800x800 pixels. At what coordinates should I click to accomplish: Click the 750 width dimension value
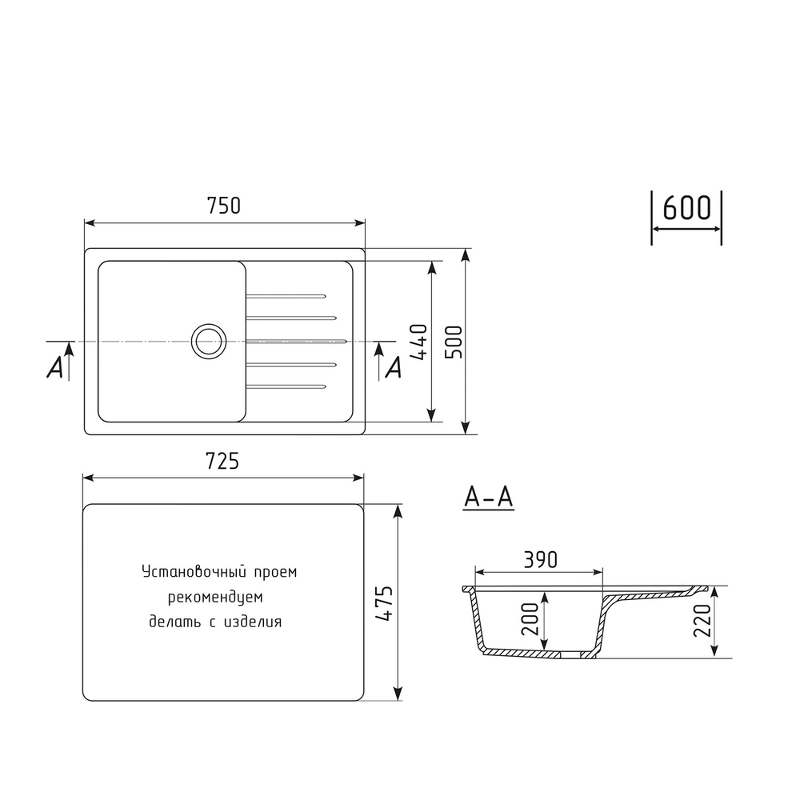point(224,206)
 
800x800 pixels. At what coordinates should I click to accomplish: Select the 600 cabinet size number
point(686,208)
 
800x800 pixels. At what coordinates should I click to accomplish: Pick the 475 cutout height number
point(385,604)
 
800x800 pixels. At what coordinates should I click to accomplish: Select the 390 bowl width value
point(539,559)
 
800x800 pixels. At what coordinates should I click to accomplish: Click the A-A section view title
point(488,498)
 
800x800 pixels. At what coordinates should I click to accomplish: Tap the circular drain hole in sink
point(207,341)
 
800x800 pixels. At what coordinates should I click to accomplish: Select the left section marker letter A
point(54,366)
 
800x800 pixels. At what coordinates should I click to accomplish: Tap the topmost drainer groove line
point(286,295)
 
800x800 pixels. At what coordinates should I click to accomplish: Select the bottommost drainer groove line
point(286,387)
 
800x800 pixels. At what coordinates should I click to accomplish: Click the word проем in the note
point(275,573)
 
